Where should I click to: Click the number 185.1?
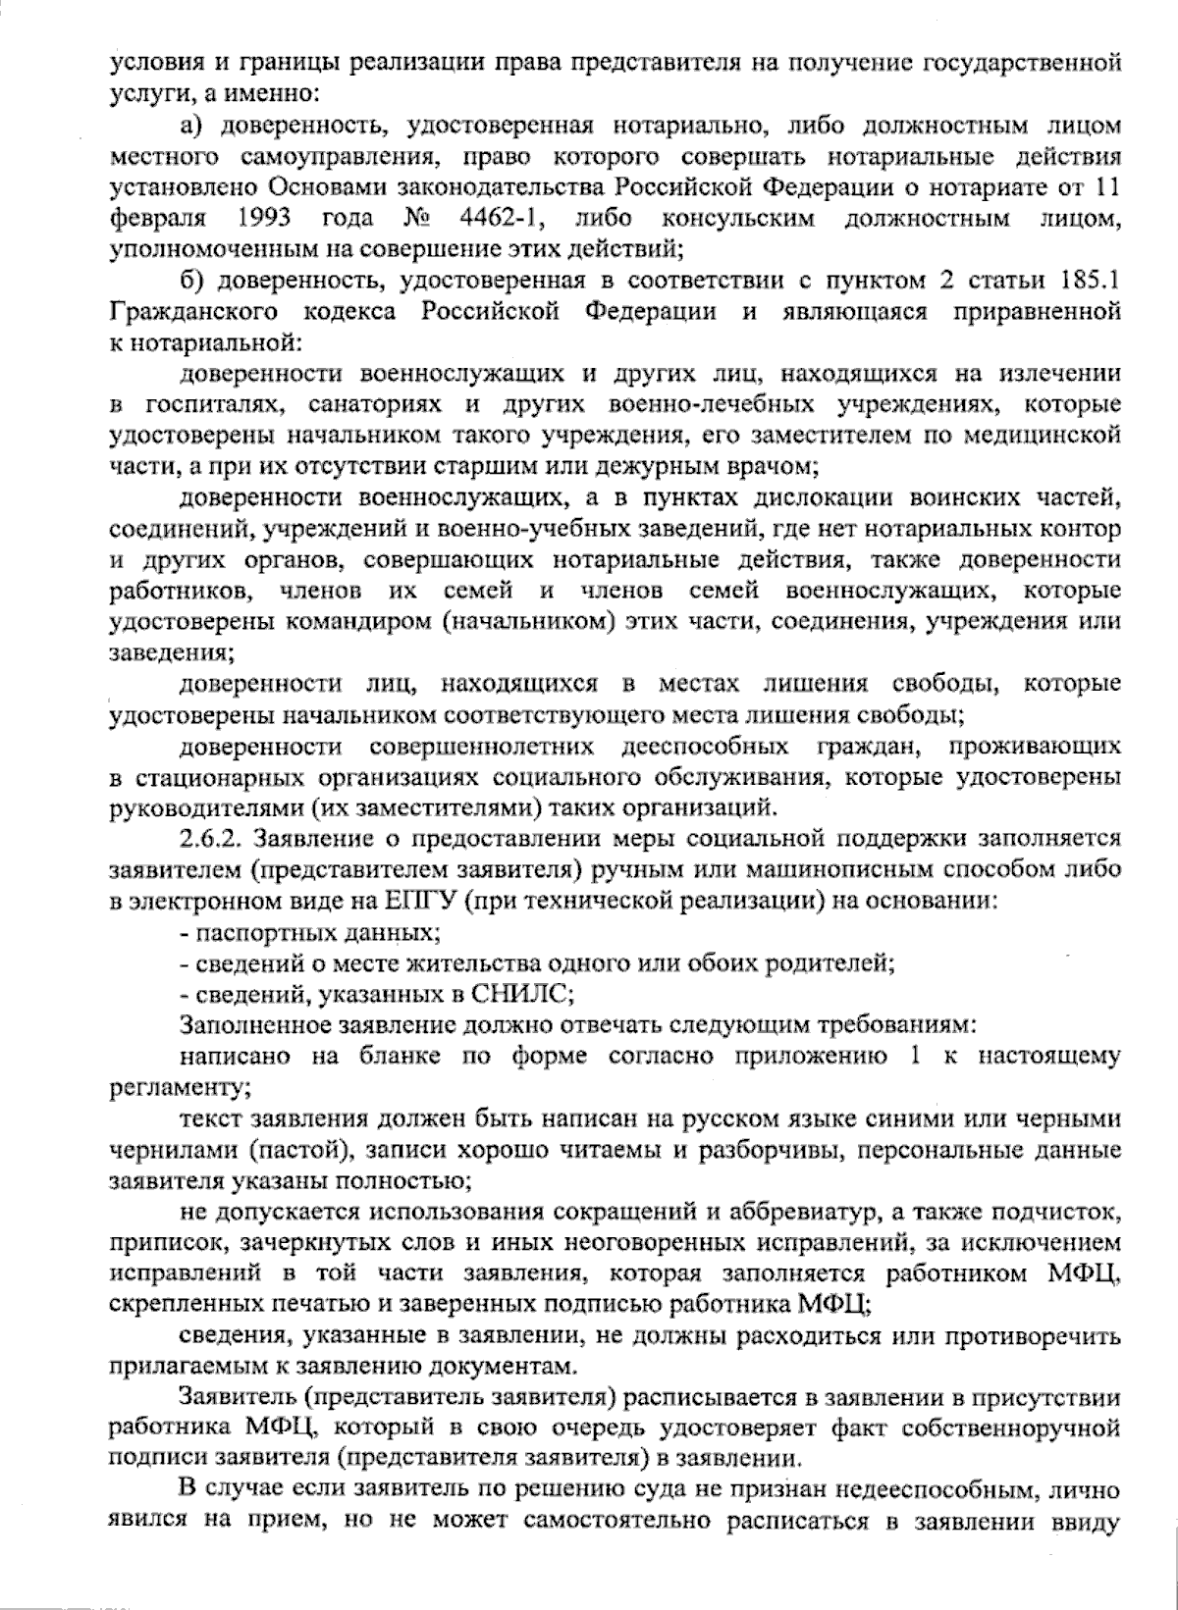tap(1082, 282)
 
